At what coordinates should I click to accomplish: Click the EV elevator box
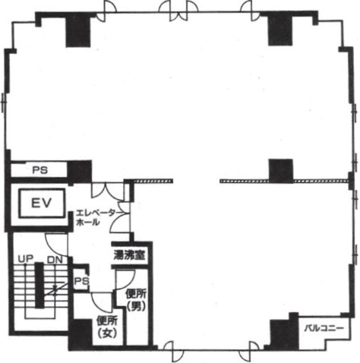tap(42, 203)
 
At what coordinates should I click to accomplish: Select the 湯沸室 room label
tap(129, 255)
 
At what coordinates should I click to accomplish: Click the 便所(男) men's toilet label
tap(137, 300)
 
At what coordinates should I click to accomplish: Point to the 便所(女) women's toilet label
tap(107, 327)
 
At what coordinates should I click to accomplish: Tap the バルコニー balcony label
tap(324, 328)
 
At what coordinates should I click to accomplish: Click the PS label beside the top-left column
tap(40, 170)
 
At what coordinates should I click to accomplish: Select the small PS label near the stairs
tap(82, 281)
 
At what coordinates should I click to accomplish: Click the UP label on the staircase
tap(26, 259)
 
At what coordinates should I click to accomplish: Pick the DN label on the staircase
tap(55, 260)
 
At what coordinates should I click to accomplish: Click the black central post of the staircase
tap(39, 286)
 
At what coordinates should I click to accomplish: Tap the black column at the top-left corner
tap(78, 30)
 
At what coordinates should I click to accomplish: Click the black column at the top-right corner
tap(280, 29)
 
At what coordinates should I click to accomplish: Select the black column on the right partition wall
tap(281, 171)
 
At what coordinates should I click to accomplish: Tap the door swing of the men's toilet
tap(125, 279)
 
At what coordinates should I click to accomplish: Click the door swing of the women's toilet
tap(102, 302)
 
